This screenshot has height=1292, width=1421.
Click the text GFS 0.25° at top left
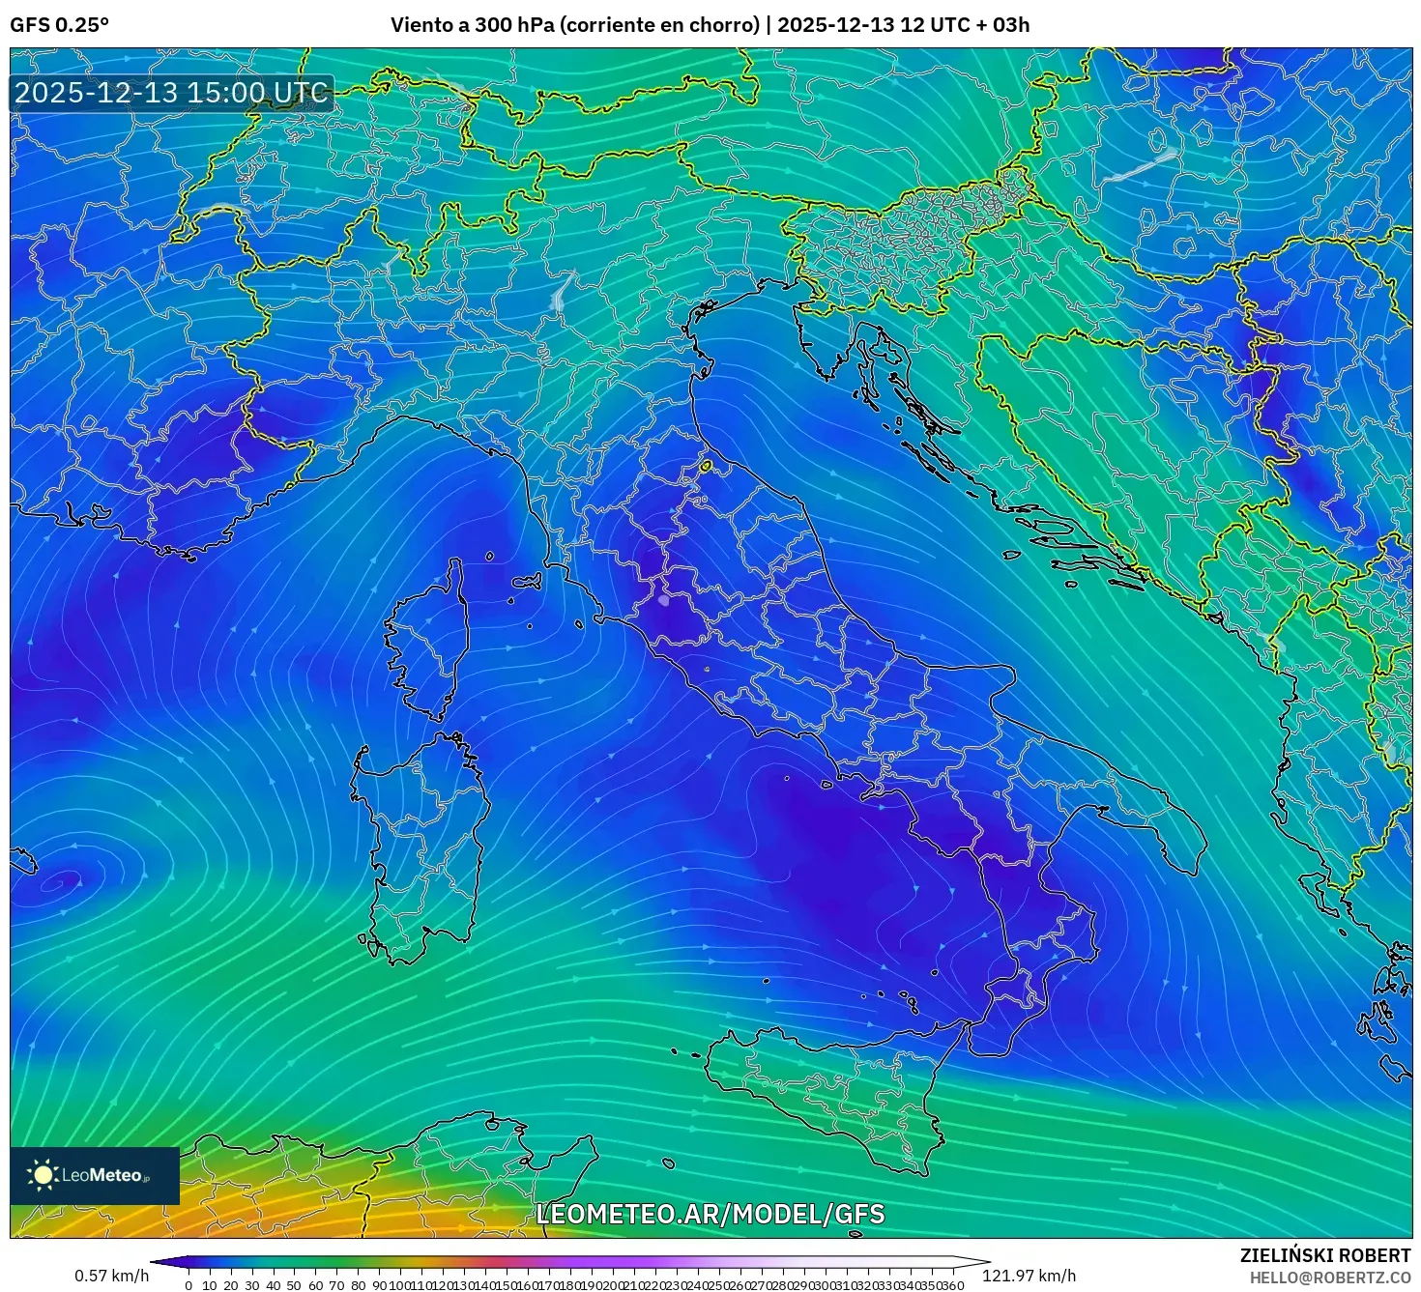coord(59,25)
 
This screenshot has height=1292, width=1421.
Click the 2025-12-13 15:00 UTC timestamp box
coord(171,94)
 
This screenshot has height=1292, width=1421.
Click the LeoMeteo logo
coord(94,1175)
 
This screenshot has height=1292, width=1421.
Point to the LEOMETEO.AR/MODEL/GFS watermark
coord(710,1214)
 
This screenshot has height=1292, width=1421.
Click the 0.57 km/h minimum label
coord(111,1276)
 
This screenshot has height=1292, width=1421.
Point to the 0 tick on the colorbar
coord(188,1285)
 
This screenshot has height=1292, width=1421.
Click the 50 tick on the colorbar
coord(294,1285)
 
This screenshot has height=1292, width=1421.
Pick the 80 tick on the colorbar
coord(358,1285)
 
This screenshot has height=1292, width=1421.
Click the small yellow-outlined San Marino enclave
coord(706,467)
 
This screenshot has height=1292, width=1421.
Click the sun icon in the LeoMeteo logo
coord(43,1175)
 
